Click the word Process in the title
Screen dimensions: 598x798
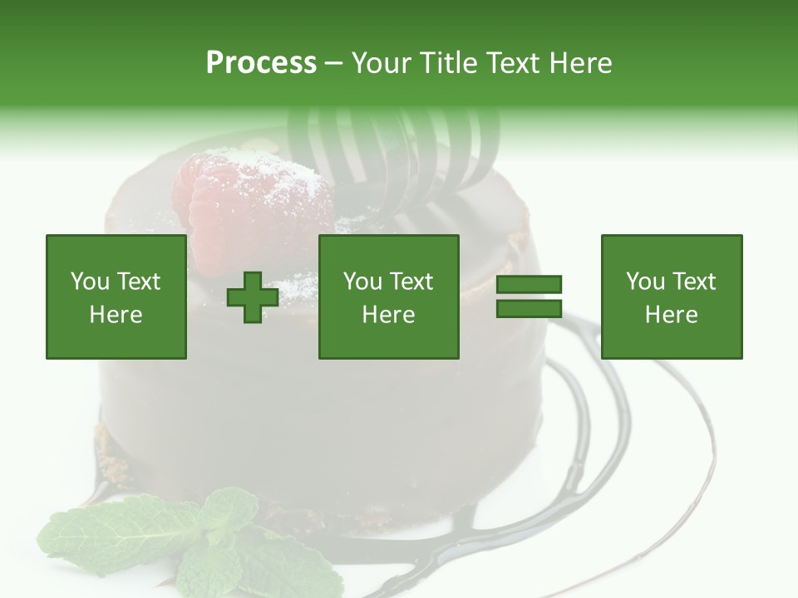pos(261,63)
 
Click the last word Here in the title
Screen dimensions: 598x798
pos(582,63)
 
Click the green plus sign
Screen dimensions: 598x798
pos(253,297)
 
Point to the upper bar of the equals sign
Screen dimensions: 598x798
pos(529,285)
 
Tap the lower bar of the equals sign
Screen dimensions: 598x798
pos(529,308)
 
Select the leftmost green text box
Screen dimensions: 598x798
pos(116,297)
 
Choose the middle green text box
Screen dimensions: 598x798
pos(389,297)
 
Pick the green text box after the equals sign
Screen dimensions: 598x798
pos(672,297)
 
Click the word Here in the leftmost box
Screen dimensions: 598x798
pos(116,315)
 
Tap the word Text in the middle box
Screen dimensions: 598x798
pos(411,282)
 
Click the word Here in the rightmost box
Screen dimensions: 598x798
pos(672,315)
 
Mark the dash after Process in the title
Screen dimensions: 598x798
pos(334,63)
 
